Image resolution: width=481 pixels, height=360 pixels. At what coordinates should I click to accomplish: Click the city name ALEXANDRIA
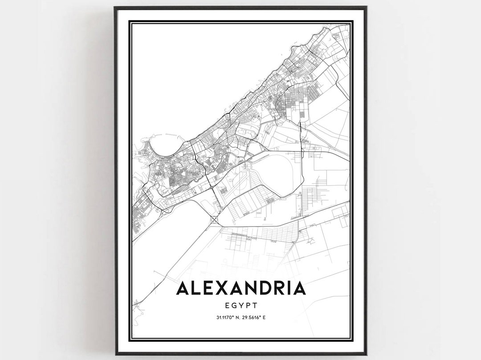point(241,288)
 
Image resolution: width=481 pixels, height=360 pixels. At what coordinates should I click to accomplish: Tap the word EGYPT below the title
point(241,306)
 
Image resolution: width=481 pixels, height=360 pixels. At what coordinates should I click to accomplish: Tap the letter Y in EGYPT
point(242,306)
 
